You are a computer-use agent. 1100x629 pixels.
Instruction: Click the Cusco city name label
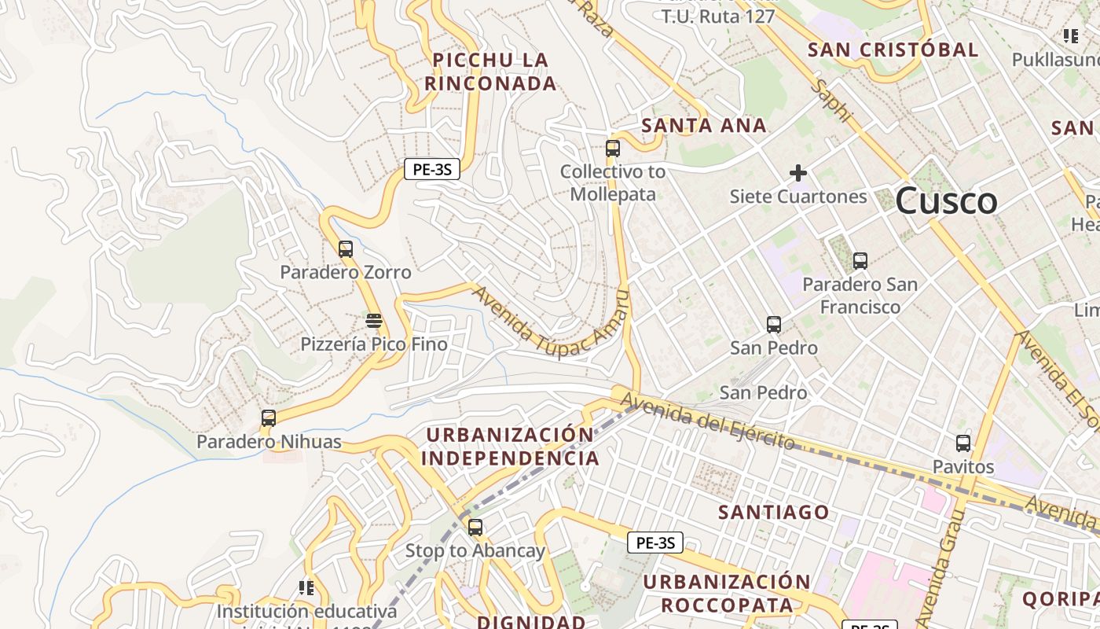(x=946, y=201)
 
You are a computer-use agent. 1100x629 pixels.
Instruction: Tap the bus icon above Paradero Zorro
(x=346, y=249)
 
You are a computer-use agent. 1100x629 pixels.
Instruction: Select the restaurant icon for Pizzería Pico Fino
(x=374, y=321)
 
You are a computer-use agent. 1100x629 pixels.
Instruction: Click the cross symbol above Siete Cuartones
(x=798, y=173)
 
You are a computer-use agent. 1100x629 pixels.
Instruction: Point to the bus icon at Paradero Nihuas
(x=269, y=418)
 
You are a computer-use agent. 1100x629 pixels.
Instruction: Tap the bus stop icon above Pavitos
(x=963, y=443)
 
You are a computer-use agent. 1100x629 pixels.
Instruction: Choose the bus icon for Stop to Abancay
(x=475, y=528)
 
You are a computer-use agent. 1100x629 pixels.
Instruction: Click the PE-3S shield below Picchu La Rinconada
(x=431, y=168)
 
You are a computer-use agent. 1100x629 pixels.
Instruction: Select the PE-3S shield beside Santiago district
(x=654, y=543)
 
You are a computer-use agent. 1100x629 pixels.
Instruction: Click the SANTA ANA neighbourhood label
(x=703, y=126)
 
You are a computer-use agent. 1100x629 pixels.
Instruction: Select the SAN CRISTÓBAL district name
(x=893, y=50)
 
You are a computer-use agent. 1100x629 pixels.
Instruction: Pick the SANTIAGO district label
(x=773, y=513)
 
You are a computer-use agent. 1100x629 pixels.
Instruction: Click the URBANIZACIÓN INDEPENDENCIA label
(x=511, y=447)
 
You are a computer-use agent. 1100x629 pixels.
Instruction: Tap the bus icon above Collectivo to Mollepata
(x=613, y=148)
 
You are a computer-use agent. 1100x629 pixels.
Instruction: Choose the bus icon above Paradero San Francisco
(x=860, y=261)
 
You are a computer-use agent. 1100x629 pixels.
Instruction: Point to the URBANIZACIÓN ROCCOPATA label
(x=727, y=594)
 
